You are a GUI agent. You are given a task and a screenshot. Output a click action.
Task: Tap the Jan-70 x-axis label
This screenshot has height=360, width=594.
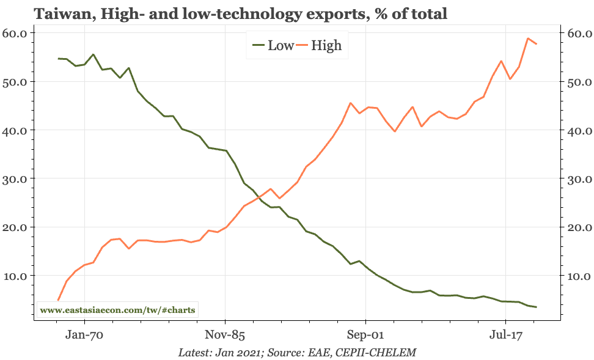84,334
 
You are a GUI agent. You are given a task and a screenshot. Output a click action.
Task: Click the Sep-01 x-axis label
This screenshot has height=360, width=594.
365,334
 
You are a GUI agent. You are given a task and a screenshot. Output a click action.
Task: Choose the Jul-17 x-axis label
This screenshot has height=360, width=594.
505,334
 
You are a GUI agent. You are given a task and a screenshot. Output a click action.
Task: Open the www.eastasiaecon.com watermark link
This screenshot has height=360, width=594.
118,310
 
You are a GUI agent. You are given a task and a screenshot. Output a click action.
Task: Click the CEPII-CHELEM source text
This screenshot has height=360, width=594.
378,353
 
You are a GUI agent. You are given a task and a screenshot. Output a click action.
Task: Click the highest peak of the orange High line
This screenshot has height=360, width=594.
527,39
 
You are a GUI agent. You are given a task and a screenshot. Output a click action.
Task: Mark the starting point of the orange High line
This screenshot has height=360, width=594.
58,300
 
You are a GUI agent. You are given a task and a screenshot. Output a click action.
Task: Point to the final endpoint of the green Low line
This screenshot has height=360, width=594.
536,307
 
